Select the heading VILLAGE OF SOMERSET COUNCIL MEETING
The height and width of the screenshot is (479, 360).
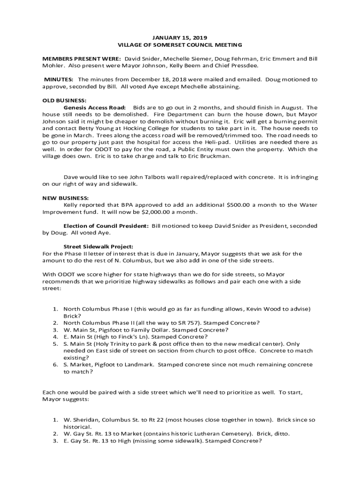[180, 45]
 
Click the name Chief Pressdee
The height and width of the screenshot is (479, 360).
[238, 66]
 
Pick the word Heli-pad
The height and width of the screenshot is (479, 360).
[217, 142]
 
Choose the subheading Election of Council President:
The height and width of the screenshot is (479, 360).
[106, 226]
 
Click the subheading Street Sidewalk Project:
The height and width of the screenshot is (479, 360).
[98, 247]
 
